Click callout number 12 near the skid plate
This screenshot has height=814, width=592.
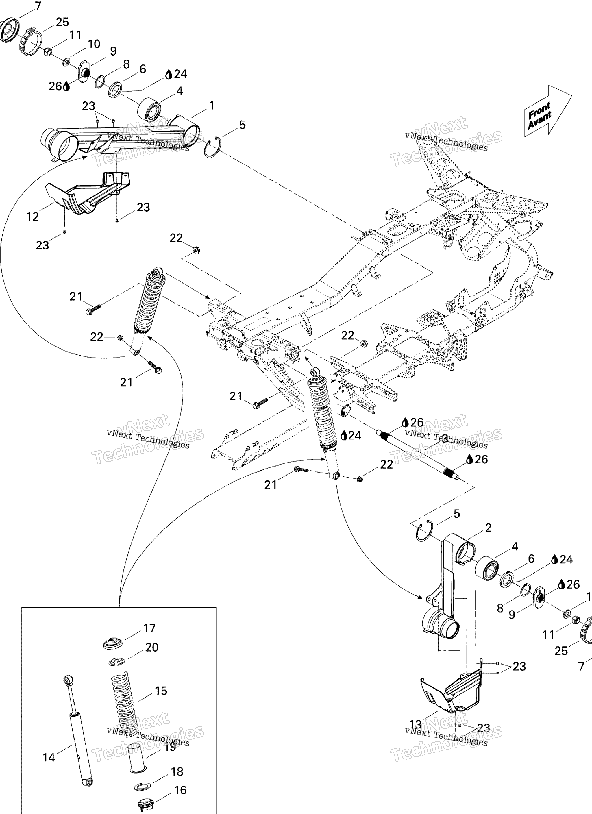coord(32,217)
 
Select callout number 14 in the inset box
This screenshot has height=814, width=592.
coord(49,758)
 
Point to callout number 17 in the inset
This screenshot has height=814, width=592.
coord(149,628)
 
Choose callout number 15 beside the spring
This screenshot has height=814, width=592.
coord(161,691)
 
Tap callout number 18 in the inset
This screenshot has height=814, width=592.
coord(177,772)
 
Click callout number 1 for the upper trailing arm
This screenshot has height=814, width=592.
coord(212,106)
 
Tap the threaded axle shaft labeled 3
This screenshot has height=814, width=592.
coord(418,455)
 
